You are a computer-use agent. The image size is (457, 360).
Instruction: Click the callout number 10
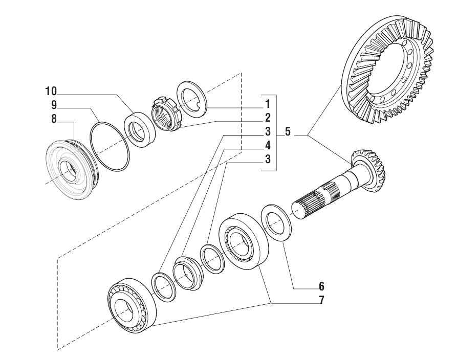51,92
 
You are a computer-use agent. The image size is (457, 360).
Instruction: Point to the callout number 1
267,104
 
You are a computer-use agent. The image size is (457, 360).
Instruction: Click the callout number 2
267,117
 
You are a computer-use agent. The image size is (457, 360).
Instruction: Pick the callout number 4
267,145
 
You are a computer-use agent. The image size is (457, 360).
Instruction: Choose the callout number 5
288,132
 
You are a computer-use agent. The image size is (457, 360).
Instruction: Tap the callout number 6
321,286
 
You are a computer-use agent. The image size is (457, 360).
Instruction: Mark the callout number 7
321,300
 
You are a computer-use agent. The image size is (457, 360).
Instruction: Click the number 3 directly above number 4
267,131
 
